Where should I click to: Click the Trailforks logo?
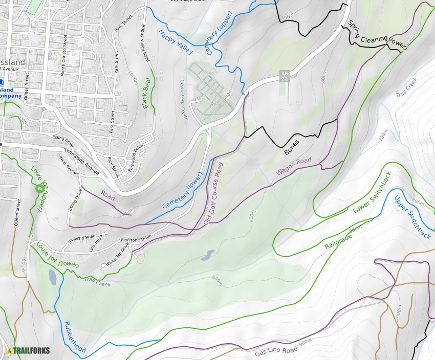pos(29,351)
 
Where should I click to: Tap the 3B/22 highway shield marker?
pos(285,76)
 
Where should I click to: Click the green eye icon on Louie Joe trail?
pos(39,189)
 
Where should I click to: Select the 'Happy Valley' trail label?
pos(176,42)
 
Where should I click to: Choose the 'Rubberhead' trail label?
pos(75,337)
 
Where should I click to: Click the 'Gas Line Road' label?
pos(276,351)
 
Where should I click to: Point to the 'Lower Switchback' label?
pos(372,193)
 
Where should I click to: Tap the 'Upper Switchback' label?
pos(412,217)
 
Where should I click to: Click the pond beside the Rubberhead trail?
pos(52,277)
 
